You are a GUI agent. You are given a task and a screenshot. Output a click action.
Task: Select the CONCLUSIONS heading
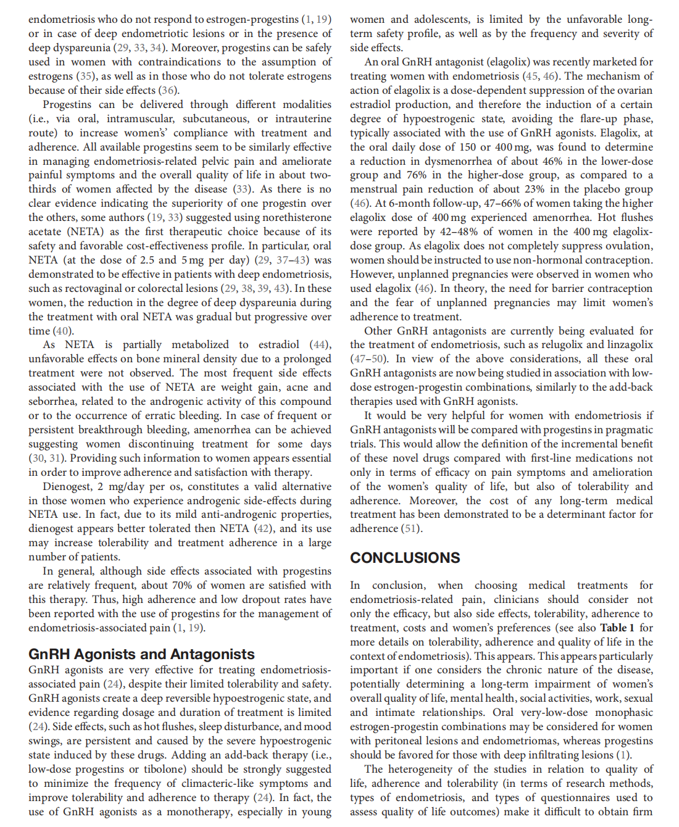coord(405,558)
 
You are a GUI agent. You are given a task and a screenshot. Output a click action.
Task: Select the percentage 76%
coord(417,175)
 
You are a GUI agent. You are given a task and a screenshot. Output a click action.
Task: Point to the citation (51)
coord(412,528)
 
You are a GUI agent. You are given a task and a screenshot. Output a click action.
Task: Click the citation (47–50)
coord(369,359)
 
